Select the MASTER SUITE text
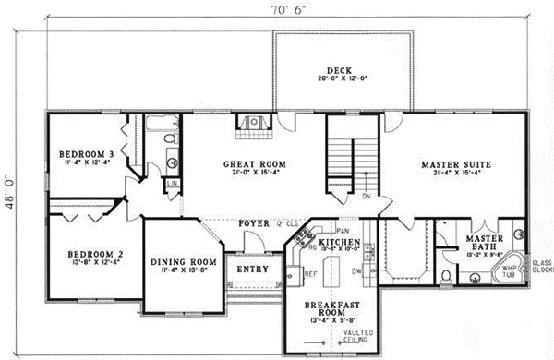point(455,164)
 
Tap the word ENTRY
point(253,269)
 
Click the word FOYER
point(252,223)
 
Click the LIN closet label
point(173,183)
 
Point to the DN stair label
point(366,196)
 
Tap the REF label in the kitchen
point(310,274)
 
